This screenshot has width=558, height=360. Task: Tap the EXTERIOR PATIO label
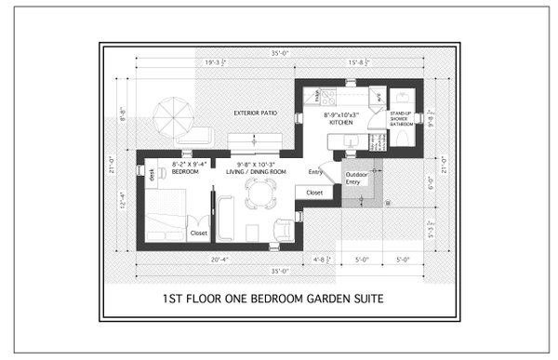(x=255, y=113)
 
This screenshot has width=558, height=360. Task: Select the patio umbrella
(x=174, y=117)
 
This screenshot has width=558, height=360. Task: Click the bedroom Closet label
(x=199, y=233)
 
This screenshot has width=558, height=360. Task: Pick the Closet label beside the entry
(x=314, y=193)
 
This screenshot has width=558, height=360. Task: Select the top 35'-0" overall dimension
(x=280, y=54)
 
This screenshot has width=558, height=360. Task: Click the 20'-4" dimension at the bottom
(x=195, y=259)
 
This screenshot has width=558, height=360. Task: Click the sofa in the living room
(x=225, y=219)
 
